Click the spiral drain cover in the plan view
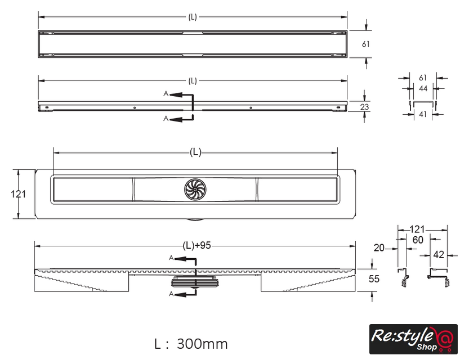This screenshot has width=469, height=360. tap(195, 190)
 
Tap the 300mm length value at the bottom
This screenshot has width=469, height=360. tap(202, 344)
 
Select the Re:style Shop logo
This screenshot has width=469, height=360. tap(413, 339)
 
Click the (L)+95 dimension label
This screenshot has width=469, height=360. tap(197, 246)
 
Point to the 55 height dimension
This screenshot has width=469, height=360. tap(374, 279)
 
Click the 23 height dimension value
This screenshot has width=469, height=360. tap(364, 107)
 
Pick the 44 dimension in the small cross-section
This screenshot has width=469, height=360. tap(423, 88)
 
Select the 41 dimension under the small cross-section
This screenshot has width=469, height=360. tap(423, 114)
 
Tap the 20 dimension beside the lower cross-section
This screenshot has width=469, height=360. tap(379, 247)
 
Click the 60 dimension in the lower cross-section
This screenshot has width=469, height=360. tap(418, 240)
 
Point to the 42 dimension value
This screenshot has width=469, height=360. tap(439, 255)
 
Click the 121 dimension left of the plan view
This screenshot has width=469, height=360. tap(18, 194)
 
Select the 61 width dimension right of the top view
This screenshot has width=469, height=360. tap(365, 44)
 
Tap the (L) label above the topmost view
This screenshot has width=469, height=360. tap(193, 17)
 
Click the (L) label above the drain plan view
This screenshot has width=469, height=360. tap(195, 152)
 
